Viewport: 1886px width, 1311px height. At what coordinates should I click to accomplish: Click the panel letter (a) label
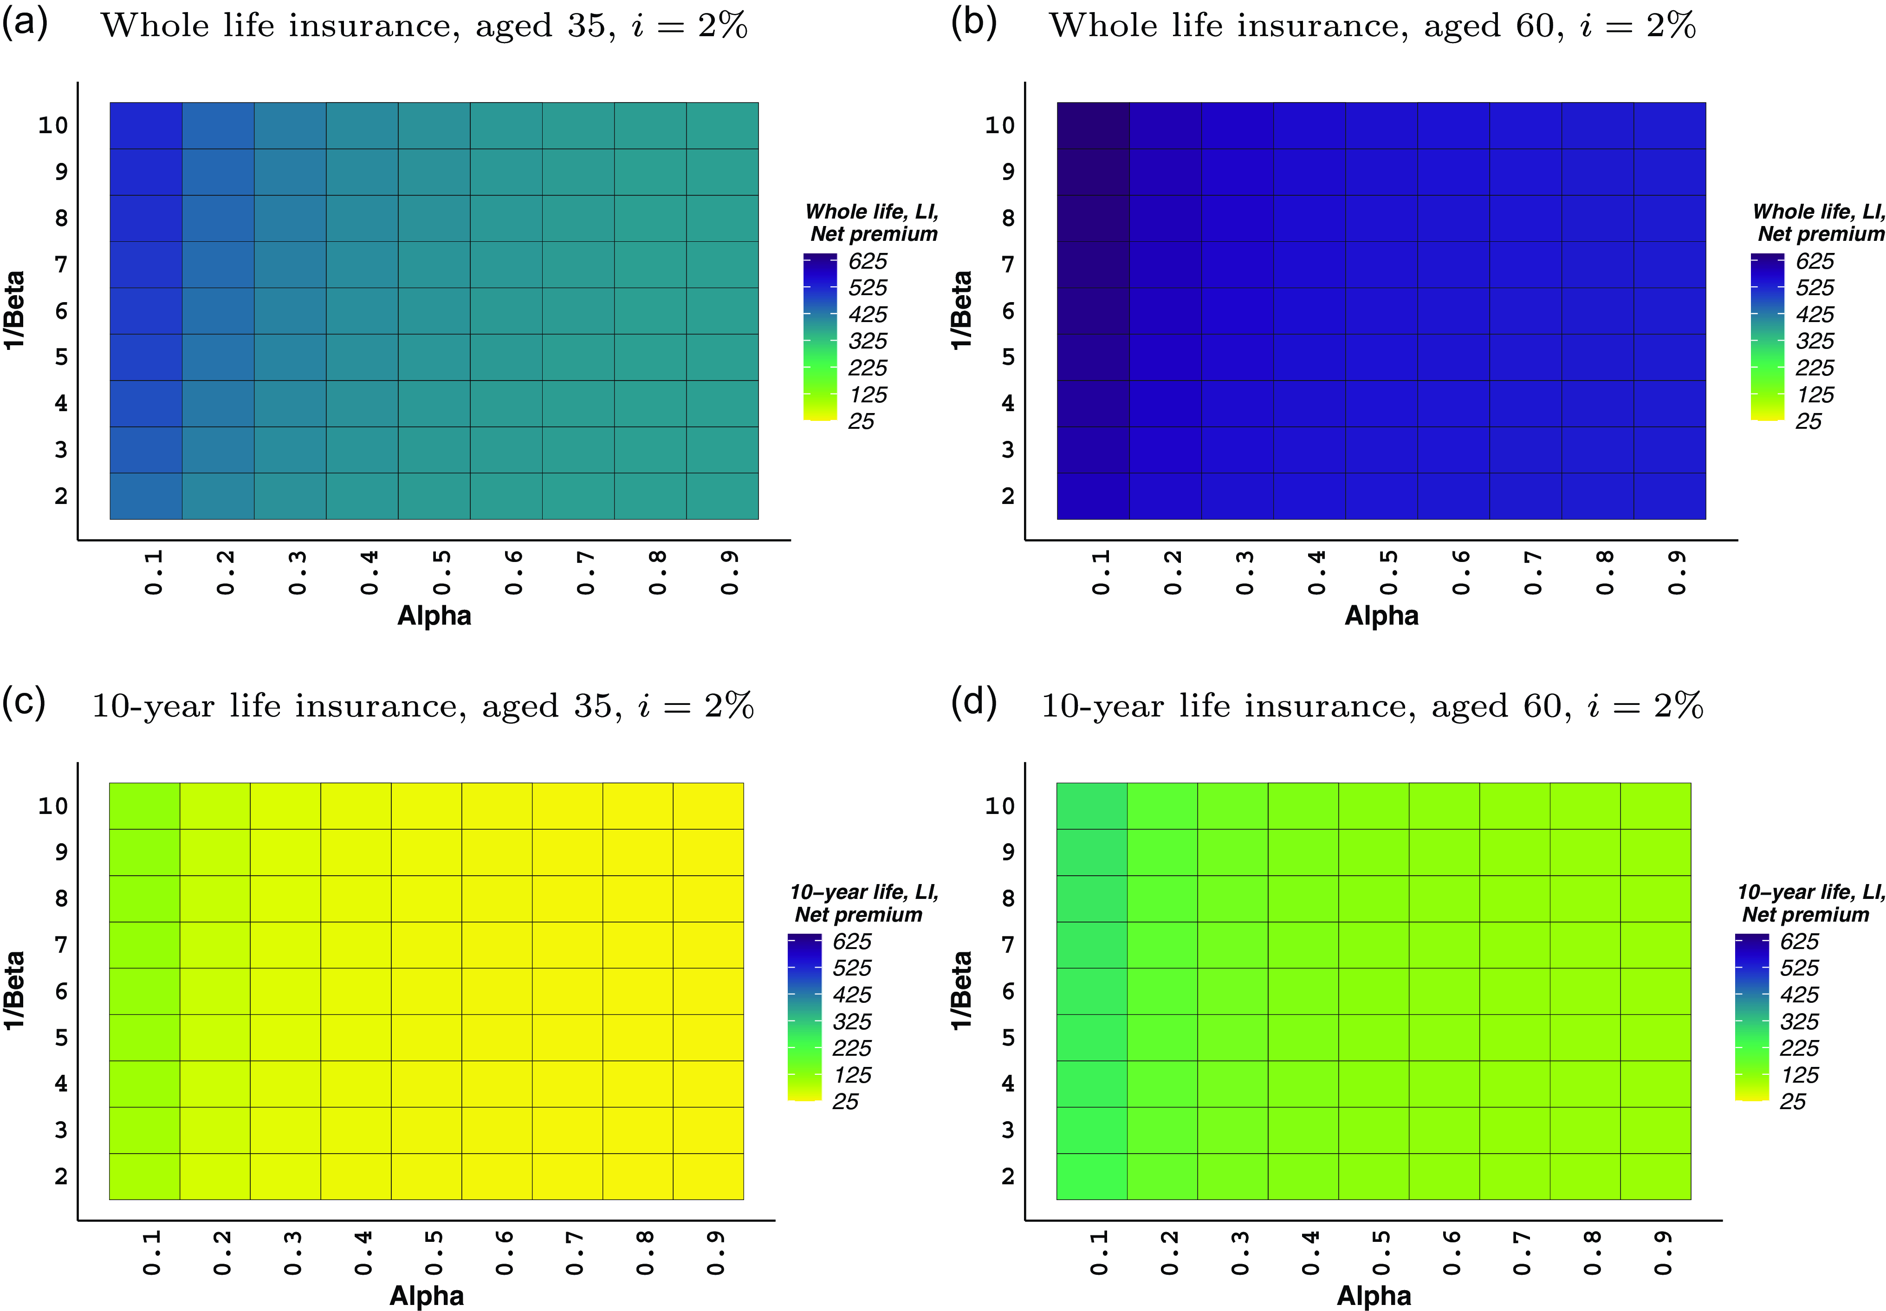pyautogui.click(x=25, y=23)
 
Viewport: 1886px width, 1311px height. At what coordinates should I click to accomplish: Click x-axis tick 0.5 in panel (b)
pyautogui.click(x=1388, y=573)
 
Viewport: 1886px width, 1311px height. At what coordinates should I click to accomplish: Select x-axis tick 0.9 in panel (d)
pyautogui.click(x=1663, y=1253)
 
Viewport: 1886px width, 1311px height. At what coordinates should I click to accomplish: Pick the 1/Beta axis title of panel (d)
pyautogui.click(x=961, y=990)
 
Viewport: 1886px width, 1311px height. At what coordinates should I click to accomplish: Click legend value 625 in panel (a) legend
pyautogui.click(x=868, y=261)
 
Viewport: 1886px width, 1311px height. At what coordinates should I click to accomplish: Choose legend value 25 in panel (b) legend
pyautogui.click(x=1808, y=421)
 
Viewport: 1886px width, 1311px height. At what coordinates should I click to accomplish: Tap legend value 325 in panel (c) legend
pyautogui.click(x=852, y=1022)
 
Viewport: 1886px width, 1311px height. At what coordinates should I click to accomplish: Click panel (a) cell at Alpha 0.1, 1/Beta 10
pyautogui.click(x=146, y=126)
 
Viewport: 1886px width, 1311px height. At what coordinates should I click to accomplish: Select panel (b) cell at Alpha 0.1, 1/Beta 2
pyautogui.click(x=1093, y=496)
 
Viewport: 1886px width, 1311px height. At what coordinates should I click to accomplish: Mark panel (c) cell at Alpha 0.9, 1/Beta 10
pyautogui.click(x=708, y=806)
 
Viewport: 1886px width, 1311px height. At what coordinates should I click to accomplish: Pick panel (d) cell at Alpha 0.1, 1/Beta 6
pyautogui.click(x=1092, y=991)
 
